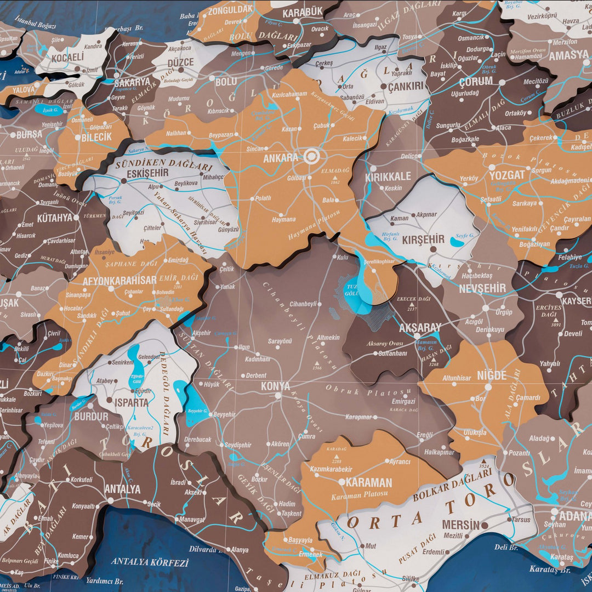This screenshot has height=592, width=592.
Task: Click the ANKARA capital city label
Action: [280, 158]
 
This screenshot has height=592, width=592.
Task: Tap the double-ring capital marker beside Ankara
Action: [312, 156]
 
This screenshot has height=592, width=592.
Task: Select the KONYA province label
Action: [275, 386]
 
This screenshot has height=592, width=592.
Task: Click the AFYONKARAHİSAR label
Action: [119, 281]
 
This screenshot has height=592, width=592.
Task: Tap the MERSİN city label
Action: [460, 525]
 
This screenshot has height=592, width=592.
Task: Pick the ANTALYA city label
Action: [122, 489]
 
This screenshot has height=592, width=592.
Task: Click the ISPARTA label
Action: [131, 402]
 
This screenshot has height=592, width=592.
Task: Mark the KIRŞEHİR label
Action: [423, 240]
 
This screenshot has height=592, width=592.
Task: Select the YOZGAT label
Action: [507, 175]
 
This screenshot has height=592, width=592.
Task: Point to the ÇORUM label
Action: [475, 81]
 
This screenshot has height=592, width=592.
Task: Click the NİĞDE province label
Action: [492, 375]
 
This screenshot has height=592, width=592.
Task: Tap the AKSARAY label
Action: [420, 328]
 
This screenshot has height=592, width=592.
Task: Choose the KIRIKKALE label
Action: [388, 177]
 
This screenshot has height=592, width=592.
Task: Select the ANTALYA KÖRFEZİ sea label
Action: [150, 562]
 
